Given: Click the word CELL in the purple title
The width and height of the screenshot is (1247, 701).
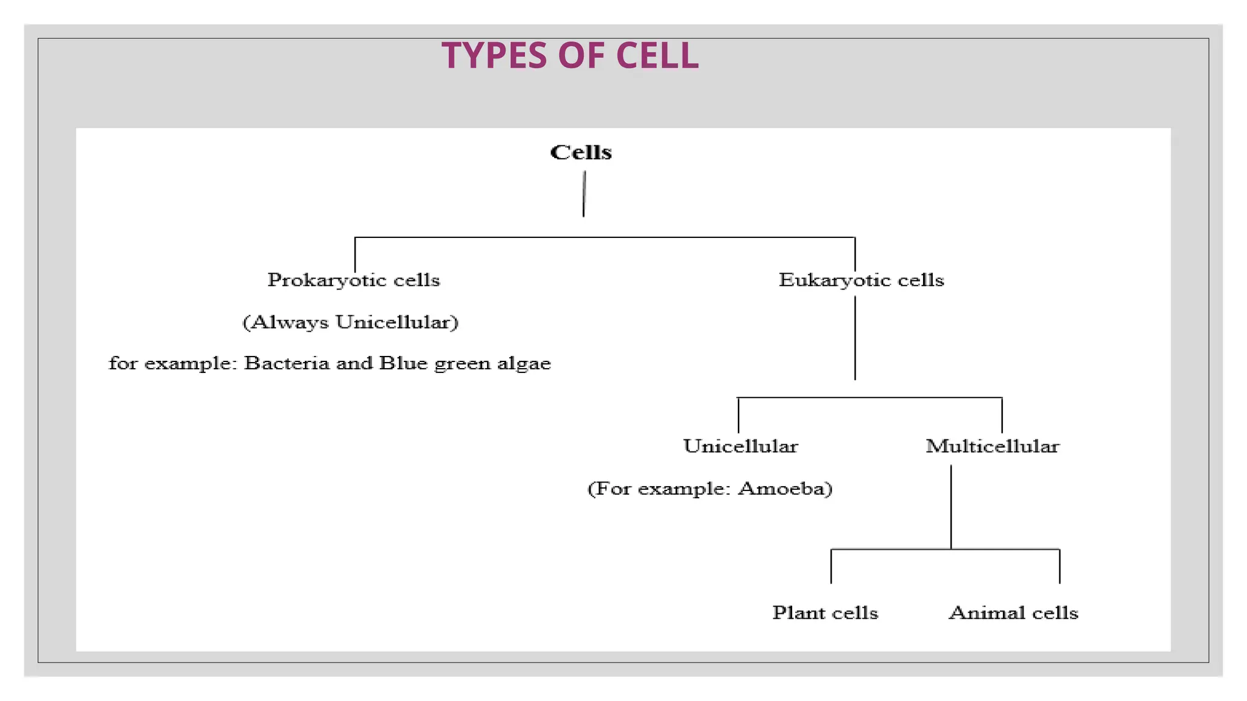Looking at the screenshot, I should click(x=657, y=55).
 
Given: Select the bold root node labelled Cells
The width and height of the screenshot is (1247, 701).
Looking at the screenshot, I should click(x=581, y=152).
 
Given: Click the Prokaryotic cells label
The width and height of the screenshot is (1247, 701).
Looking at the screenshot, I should click(x=354, y=280).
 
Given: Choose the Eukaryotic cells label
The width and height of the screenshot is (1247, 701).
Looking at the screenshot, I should click(x=861, y=280).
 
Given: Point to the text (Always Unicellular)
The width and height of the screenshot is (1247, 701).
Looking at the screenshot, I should click(x=350, y=322).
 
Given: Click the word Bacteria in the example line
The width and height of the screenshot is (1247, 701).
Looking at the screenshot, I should click(x=286, y=363).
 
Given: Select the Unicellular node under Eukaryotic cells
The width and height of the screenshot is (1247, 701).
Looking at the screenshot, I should click(x=740, y=446).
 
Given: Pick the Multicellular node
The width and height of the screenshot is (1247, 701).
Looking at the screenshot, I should click(x=992, y=446).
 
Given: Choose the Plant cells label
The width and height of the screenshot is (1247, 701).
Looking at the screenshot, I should click(x=825, y=613).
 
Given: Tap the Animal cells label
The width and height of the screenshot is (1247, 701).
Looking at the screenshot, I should click(x=1013, y=613).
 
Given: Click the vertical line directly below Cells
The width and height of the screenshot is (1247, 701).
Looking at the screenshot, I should click(x=584, y=194).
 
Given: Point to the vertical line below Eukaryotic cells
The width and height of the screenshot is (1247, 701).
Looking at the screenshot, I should click(x=855, y=338).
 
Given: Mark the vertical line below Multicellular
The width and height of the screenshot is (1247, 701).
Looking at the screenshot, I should click(x=951, y=506).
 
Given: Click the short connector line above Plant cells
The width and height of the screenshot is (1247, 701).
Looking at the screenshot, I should click(x=831, y=567).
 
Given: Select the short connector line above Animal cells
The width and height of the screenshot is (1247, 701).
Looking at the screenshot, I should click(x=1059, y=567).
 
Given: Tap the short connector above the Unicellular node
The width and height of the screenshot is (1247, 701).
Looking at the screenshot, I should click(x=738, y=415).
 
